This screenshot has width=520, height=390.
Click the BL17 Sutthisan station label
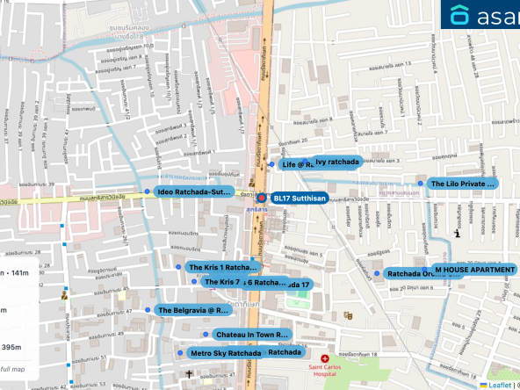(300, 199)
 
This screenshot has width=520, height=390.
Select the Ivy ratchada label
(337, 162)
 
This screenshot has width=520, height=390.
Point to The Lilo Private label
(462, 184)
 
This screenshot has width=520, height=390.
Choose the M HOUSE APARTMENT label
(474, 270)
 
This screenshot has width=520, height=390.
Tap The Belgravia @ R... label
(194, 310)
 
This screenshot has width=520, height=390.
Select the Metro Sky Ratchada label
(226, 353)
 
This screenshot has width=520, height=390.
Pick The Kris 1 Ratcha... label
(224, 267)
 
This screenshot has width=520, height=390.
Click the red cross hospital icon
(325, 359)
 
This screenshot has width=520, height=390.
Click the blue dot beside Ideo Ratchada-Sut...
(148, 191)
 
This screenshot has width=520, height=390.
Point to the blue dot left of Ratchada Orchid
(377, 273)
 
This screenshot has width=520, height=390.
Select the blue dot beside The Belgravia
(148, 310)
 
